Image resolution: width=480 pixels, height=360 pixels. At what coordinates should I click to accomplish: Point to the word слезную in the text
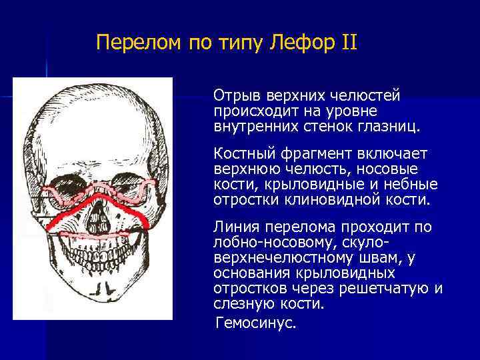pos(242,304)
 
